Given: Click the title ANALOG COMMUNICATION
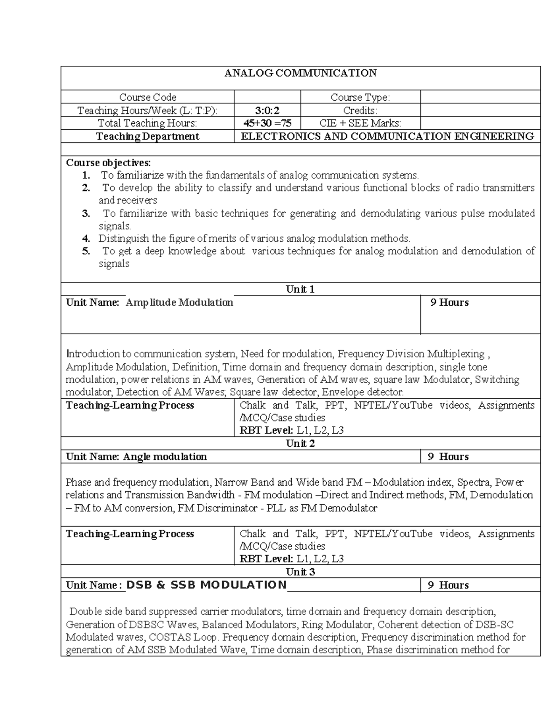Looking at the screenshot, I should pyautogui.click(x=301, y=73).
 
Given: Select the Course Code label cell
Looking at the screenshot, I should pyautogui.click(x=147, y=97).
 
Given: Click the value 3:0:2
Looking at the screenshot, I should pyautogui.click(x=267, y=110).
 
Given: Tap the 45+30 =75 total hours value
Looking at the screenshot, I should pyautogui.click(x=267, y=123).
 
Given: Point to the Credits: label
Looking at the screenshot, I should pyautogui.click(x=360, y=110).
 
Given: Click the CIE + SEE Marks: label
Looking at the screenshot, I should pyautogui.click(x=360, y=123).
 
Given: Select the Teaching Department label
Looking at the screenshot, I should pyautogui.click(x=147, y=136).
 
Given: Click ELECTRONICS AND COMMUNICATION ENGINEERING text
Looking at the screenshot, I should pyautogui.click(x=387, y=136).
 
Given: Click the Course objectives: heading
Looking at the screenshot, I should pyautogui.click(x=108, y=162).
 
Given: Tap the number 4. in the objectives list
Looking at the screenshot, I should pyautogui.click(x=86, y=239).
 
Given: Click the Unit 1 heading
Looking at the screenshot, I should pyautogui.click(x=300, y=289).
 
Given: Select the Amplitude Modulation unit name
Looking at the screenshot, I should pyautogui.click(x=179, y=303).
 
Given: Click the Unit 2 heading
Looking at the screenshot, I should pyautogui.click(x=300, y=443).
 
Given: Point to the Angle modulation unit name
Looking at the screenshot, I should pyautogui.click(x=165, y=457).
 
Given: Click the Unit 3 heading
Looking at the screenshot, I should pyautogui.click(x=300, y=572).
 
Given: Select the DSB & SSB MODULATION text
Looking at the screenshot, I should pyautogui.click(x=206, y=585).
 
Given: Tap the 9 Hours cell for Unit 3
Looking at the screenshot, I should pyautogui.click(x=448, y=585).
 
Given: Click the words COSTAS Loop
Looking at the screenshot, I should pyautogui.click(x=190, y=637).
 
